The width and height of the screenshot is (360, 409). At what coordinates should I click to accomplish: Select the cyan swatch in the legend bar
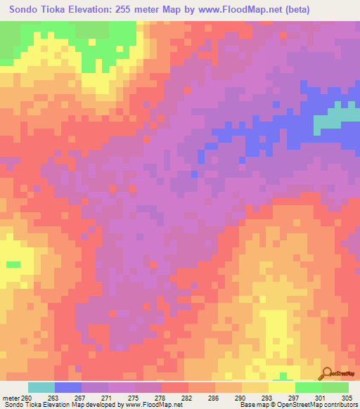pyautogui.click(x=41, y=387)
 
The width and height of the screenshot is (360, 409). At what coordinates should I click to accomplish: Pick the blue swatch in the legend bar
pyautogui.click(x=68, y=387)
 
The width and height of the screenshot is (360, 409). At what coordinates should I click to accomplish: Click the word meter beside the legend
pyautogui.click(x=12, y=398)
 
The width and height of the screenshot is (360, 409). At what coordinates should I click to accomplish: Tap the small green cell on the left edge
pyautogui.click(x=13, y=264)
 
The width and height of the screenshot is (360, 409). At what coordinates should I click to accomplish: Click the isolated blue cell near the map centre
pyautogui.click(x=194, y=174)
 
